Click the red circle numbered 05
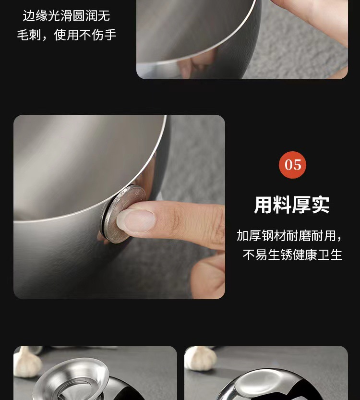coord(292,165)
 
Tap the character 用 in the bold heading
coord(263,205)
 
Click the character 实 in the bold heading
coord(320,205)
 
